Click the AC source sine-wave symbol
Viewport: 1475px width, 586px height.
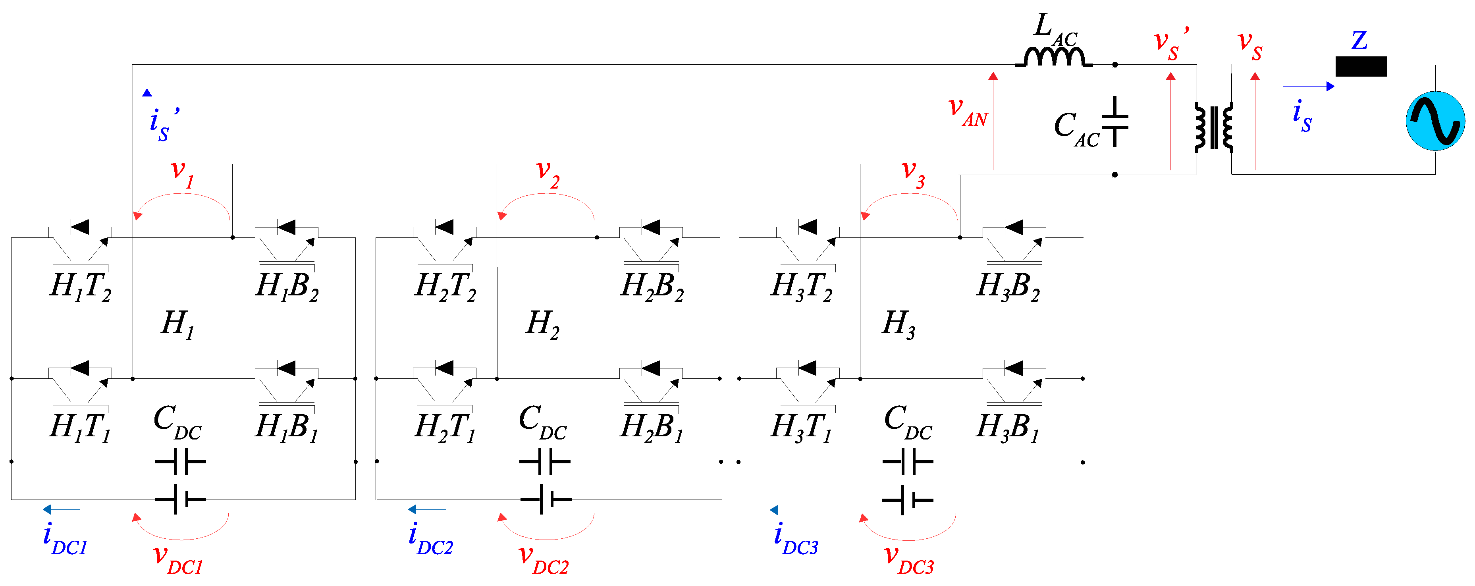pos(1435,121)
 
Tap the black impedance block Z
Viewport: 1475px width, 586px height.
pos(1361,66)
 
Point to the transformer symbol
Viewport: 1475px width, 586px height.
pos(1213,127)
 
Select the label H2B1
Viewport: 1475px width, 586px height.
pos(652,427)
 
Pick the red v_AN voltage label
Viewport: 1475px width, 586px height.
pos(968,110)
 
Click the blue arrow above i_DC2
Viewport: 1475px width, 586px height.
pos(426,509)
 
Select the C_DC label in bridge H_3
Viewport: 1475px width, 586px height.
pos(908,422)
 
